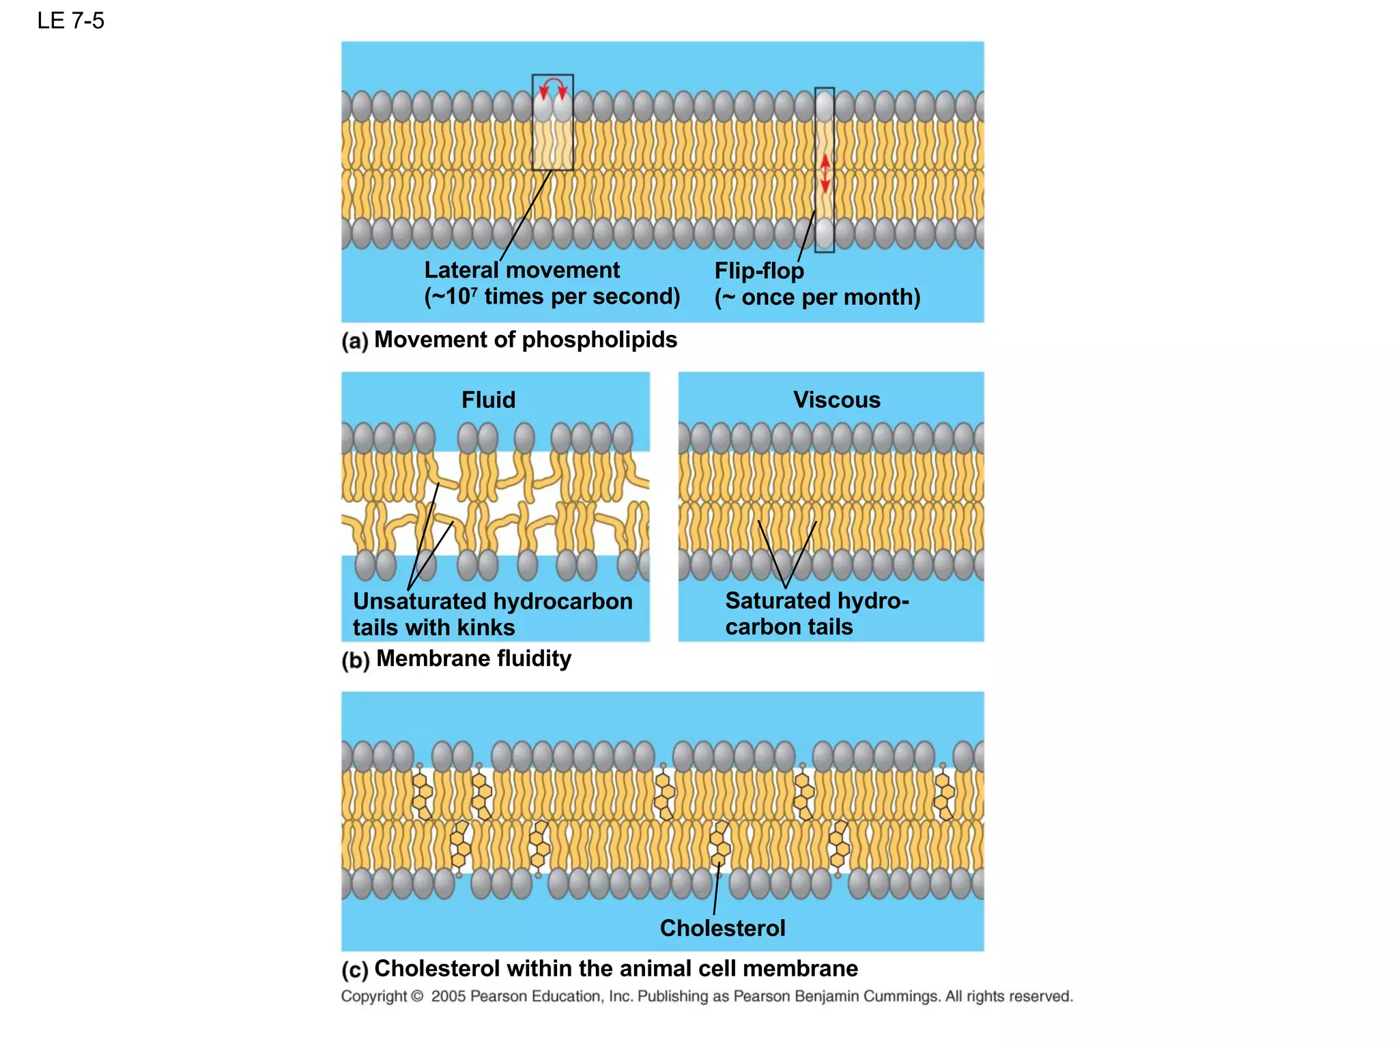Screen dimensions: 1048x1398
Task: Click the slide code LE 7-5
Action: pos(70,21)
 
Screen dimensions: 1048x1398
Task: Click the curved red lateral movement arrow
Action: pos(552,86)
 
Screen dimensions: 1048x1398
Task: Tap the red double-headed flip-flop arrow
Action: pos(825,173)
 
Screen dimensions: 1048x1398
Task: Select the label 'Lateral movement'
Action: pos(522,270)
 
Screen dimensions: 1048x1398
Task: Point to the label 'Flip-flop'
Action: pos(759,271)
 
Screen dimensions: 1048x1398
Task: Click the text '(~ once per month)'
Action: pos(817,297)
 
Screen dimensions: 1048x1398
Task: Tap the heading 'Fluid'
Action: pos(488,400)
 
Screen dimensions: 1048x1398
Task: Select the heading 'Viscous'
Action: pos(836,400)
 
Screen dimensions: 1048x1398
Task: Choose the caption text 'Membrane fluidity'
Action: pos(474,659)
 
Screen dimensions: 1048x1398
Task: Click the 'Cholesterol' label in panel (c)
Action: pos(722,928)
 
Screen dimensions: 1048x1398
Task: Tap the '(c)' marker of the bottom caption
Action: pos(354,970)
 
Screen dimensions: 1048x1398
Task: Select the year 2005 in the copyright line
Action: pos(448,997)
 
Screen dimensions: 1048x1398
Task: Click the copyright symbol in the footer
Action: pos(417,997)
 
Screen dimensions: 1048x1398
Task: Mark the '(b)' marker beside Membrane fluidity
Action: pos(355,660)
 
